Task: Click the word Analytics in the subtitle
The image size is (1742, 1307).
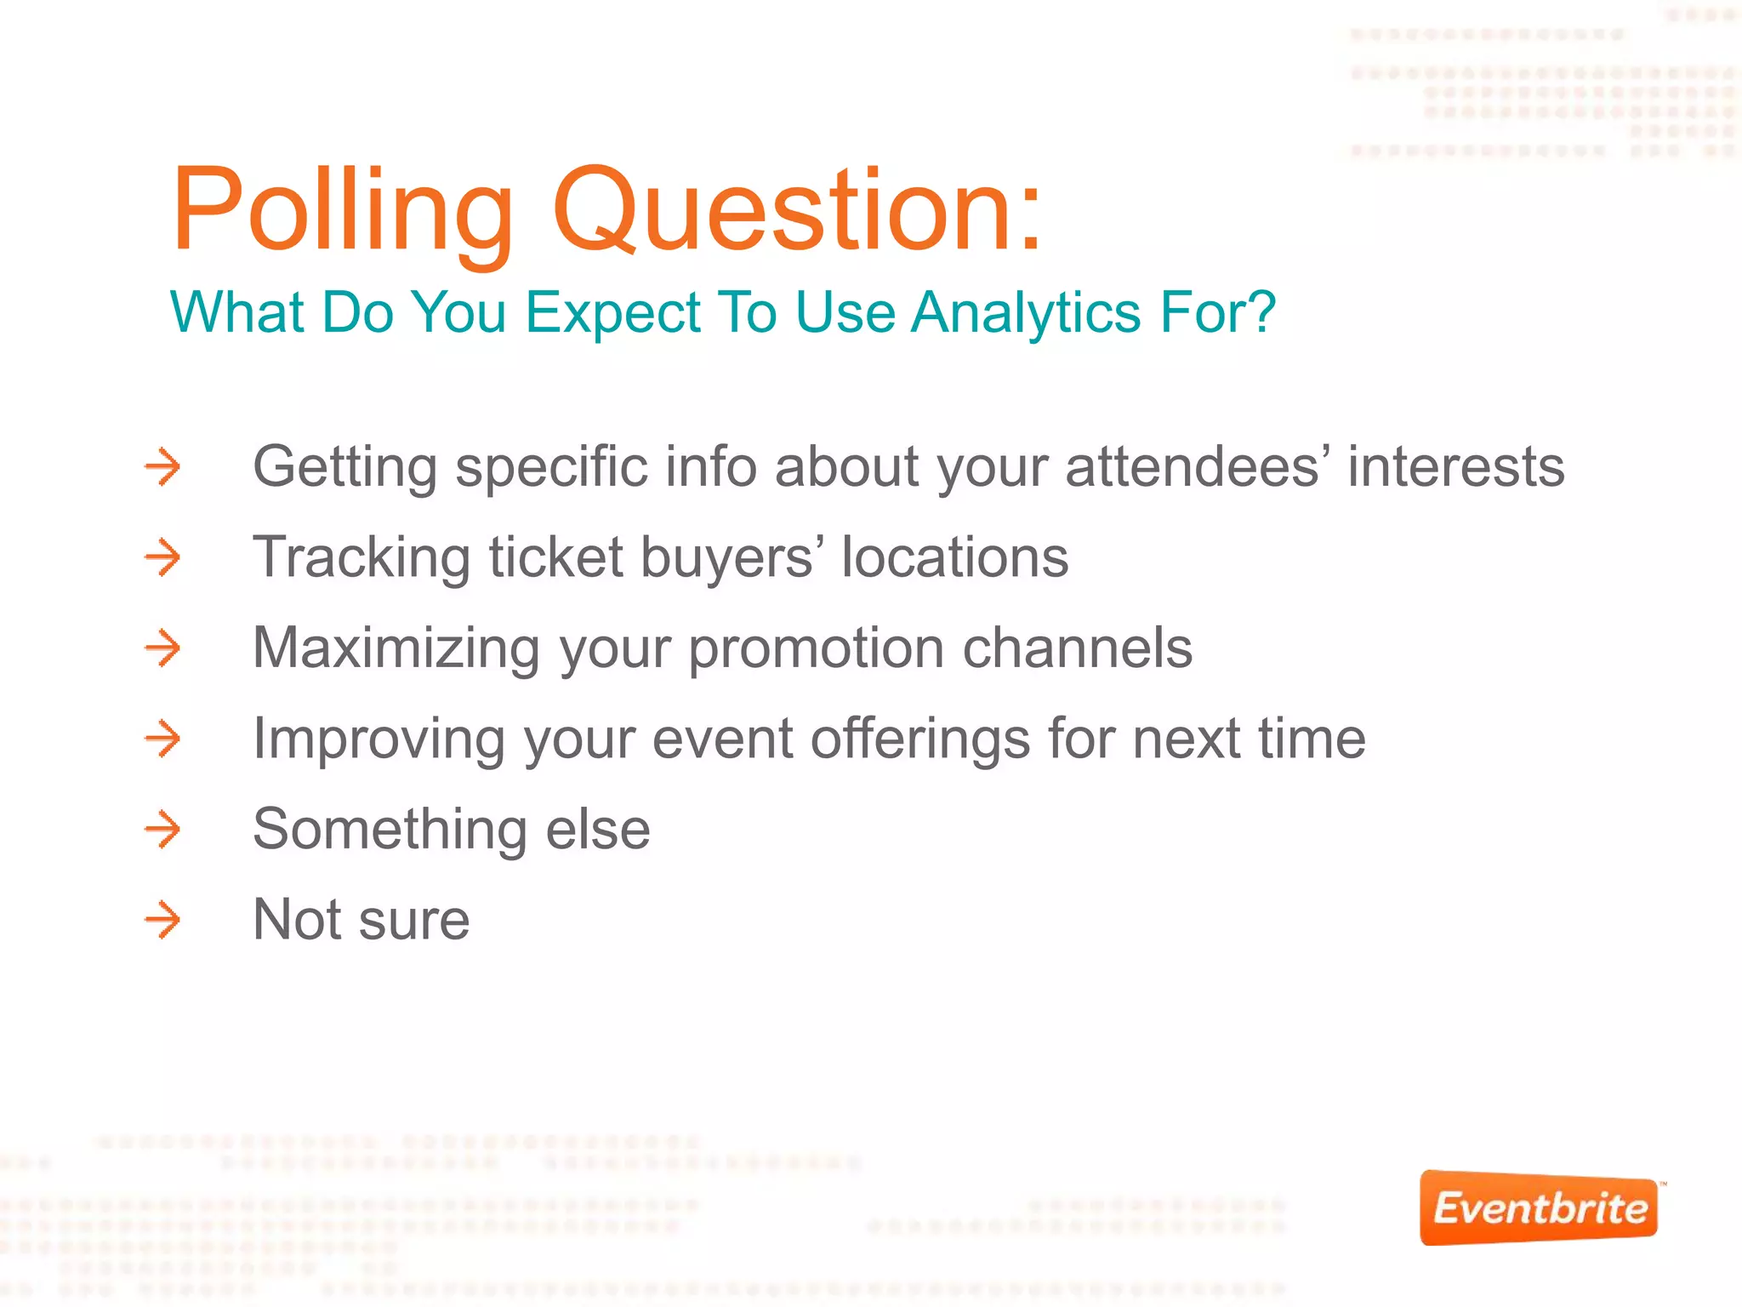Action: (x=1025, y=312)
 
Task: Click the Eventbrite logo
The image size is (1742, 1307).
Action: (x=1539, y=1208)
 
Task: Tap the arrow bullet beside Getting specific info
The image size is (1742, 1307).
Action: (x=162, y=466)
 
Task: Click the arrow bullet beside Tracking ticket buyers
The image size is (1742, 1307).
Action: (x=162, y=557)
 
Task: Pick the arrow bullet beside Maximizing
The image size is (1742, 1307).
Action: (x=162, y=648)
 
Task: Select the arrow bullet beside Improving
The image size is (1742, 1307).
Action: (x=162, y=739)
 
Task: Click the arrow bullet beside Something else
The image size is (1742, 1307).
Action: (x=162, y=830)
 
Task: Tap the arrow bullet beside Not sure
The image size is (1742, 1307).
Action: (x=162, y=920)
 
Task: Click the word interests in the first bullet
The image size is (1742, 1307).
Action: (x=1455, y=466)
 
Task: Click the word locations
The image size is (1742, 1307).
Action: (x=954, y=557)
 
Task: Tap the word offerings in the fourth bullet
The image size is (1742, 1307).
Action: (x=920, y=739)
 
